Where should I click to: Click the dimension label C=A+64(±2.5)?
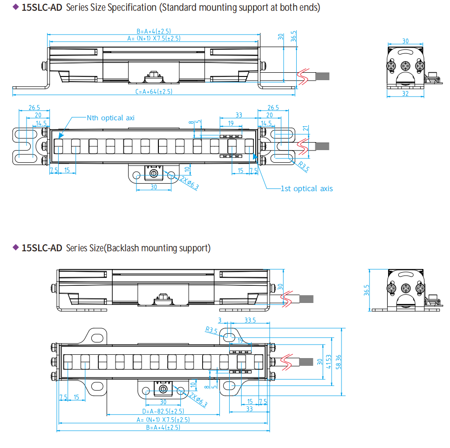coord(154,92)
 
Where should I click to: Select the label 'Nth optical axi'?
coord(110,118)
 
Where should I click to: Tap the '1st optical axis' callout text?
coord(307,188)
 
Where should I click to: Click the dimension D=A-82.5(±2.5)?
coord(163,411)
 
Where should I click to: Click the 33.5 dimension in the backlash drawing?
coord(250,320)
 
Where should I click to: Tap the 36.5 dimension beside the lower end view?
coord(367,290)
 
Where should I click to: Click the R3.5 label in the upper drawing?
coord(303,166)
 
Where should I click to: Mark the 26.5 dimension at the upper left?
coord(34,108)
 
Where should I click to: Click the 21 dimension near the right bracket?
coord(305,129)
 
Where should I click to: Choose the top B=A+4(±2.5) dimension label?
coord(153,31)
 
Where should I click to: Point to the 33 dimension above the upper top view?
coord(239,115)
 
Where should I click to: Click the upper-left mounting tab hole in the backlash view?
coord(96,336)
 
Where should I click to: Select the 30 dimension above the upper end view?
coord(405,41)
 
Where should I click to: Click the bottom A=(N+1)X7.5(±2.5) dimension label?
coord(163,420)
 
